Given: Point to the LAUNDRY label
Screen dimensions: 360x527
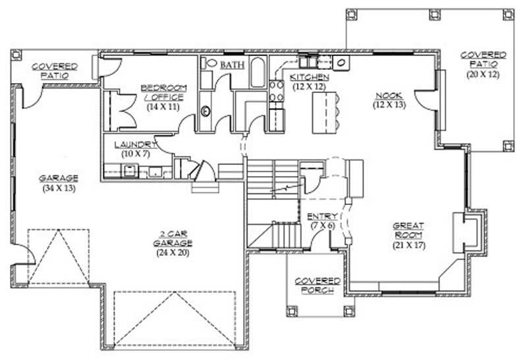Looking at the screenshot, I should pyautogui.click(x=135, y=144).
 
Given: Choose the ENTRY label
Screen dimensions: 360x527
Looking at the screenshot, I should pyautogui.click(x=323, y=216).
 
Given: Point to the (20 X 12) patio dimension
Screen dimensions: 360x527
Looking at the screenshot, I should pyautogui.click(x=483, y=74).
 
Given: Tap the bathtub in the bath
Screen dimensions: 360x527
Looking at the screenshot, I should pyautogui.click(x=258, y=73).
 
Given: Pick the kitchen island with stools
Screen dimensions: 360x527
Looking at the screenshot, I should pyautogui.click(x=325, y=110).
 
